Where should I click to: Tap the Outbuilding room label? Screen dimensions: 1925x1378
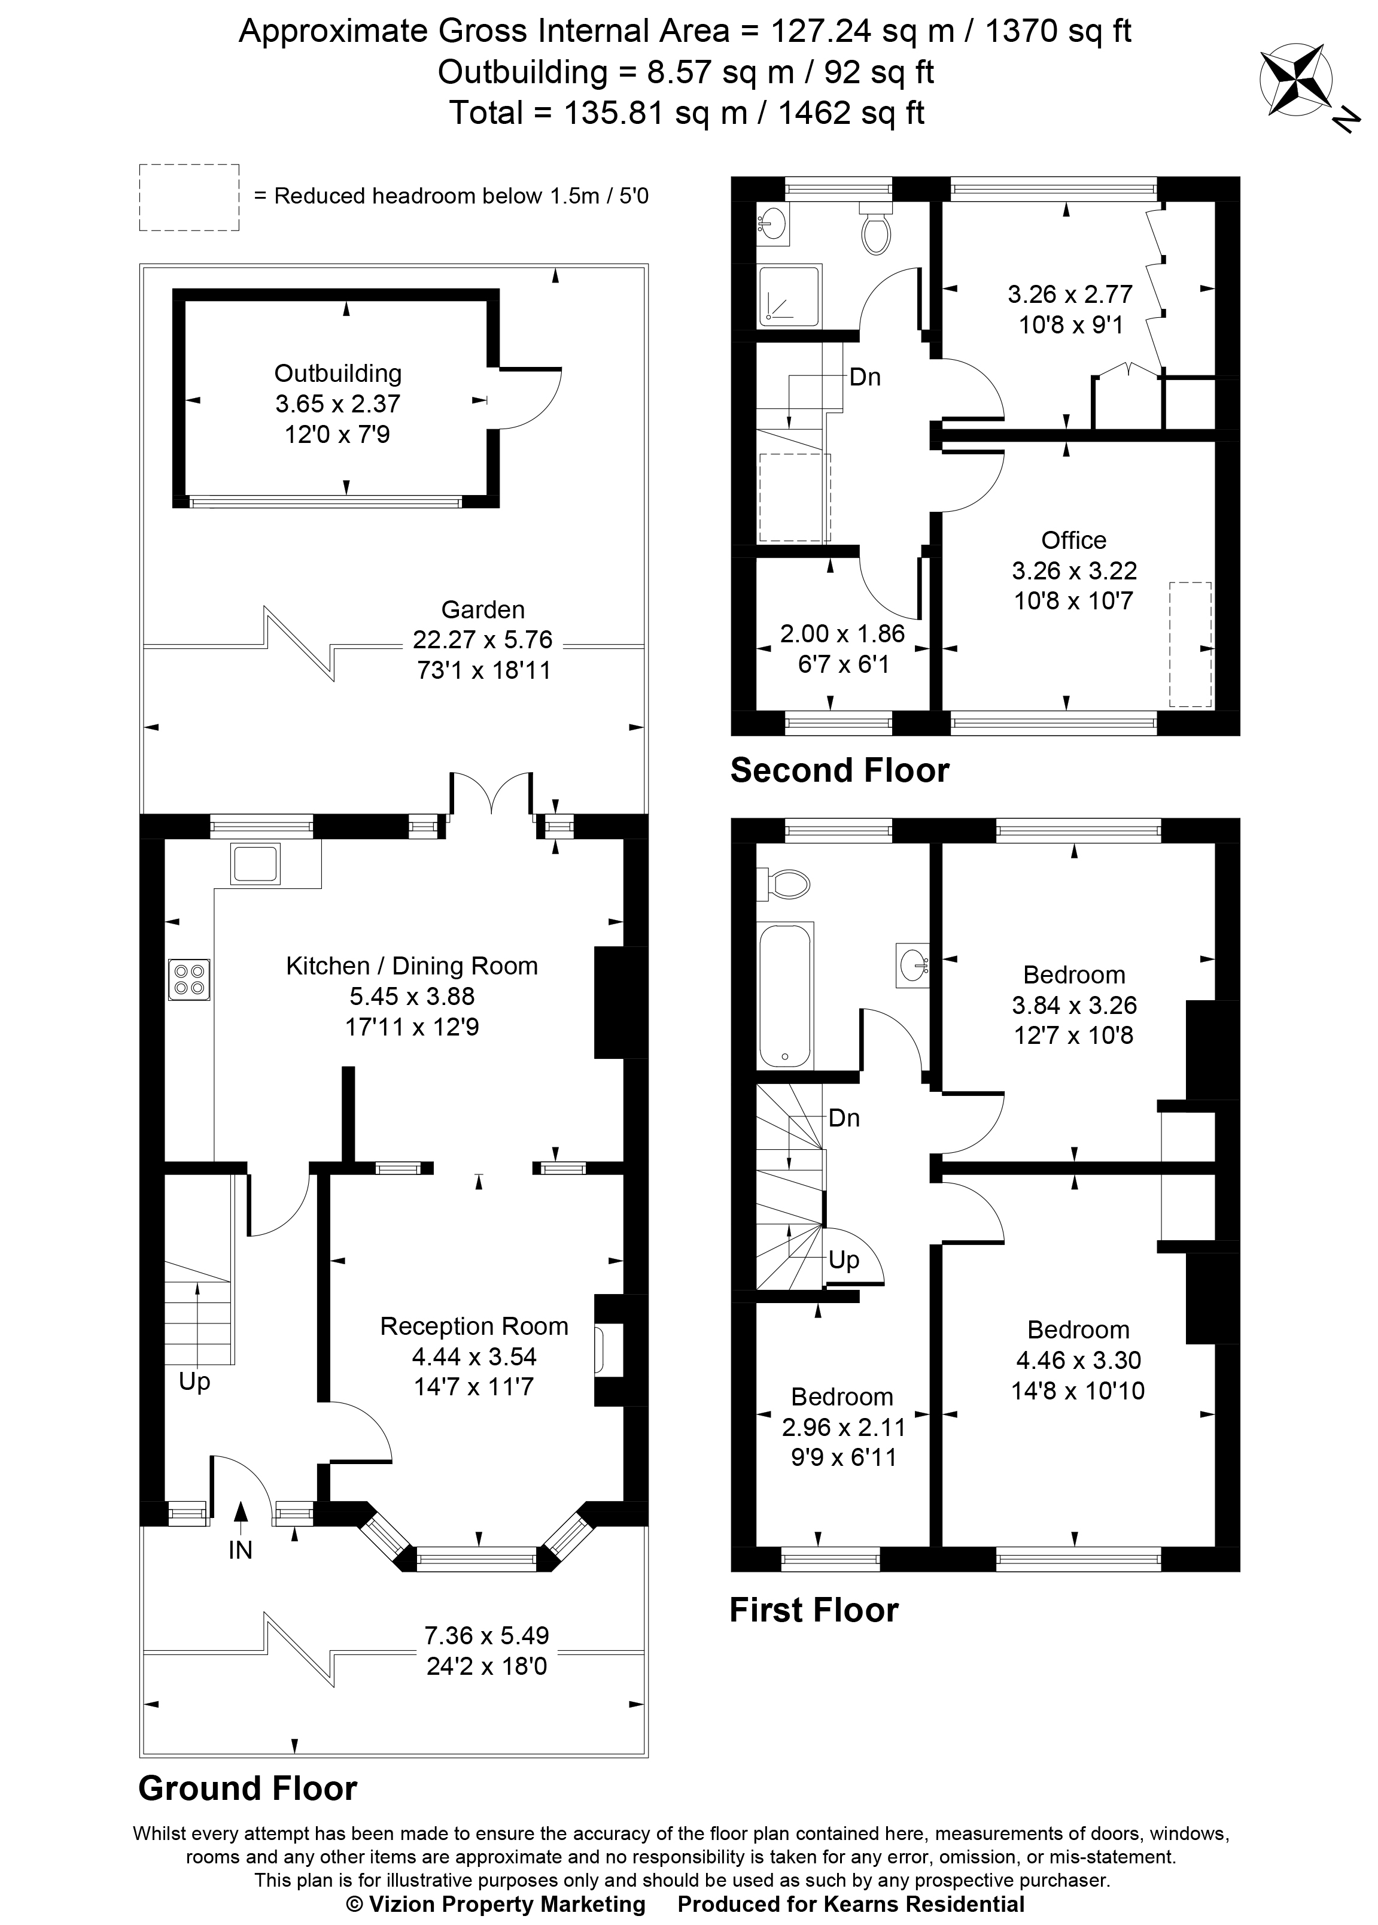tap(337, 374)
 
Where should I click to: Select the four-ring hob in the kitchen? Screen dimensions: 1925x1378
tap(189, 979)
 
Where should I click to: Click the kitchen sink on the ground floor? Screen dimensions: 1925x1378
tap(254, 863)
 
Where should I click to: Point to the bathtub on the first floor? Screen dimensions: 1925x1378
tap(786, 995)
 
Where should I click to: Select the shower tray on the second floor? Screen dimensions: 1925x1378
tap(790, 296)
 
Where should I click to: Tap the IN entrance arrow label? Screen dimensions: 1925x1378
tap(240, 1550)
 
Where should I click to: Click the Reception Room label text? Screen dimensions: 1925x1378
tap(473, 1326)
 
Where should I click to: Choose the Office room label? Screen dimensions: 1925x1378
tap(1073, 540)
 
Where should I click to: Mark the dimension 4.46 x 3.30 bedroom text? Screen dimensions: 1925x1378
tap(1078, 1360)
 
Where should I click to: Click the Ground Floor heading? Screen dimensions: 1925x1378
tap(248, 1789)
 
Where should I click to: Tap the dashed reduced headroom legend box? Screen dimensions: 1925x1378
tap(189, 197)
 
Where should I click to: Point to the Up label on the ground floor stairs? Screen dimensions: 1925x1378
tap(194, 1381)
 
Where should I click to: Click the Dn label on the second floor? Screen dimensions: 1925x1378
tap(865, 377)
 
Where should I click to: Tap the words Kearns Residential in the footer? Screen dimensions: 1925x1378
tap(923, 1904)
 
